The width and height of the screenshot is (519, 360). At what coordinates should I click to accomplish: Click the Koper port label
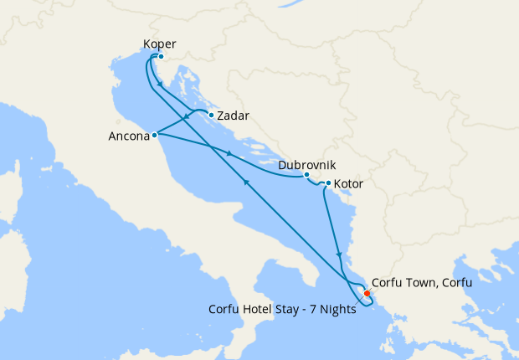pos(159,44)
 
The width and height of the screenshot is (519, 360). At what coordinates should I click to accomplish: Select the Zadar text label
pos(233,116)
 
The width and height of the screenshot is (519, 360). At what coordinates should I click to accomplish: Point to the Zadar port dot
pos(211,115)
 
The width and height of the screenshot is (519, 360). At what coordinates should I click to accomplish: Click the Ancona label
pos(128,135)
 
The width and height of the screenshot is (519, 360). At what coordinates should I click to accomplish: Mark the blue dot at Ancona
pos(155,134)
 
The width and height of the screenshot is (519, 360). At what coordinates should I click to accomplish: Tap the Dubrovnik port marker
pos(306,175)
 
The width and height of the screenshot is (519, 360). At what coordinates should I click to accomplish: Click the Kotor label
pos(348,183)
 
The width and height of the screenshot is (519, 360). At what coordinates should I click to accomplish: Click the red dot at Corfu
pos(367,293)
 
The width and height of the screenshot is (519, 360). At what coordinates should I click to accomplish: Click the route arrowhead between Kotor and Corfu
pos(338,254)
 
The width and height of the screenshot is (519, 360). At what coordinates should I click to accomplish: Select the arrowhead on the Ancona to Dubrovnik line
pos(229,152)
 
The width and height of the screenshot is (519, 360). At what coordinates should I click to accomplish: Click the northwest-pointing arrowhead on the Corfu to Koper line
pos(245,183)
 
